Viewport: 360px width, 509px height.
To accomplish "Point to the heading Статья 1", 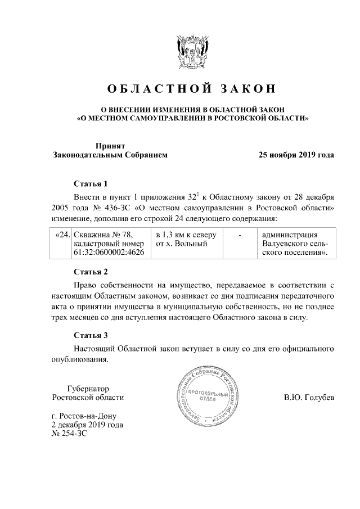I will [x=90, y=184].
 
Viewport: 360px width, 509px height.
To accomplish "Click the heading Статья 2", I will [x=90, y=272].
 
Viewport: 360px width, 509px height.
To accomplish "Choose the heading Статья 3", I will [x=90, y=336].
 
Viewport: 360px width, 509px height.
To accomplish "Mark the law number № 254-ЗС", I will [x=69, y=434].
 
